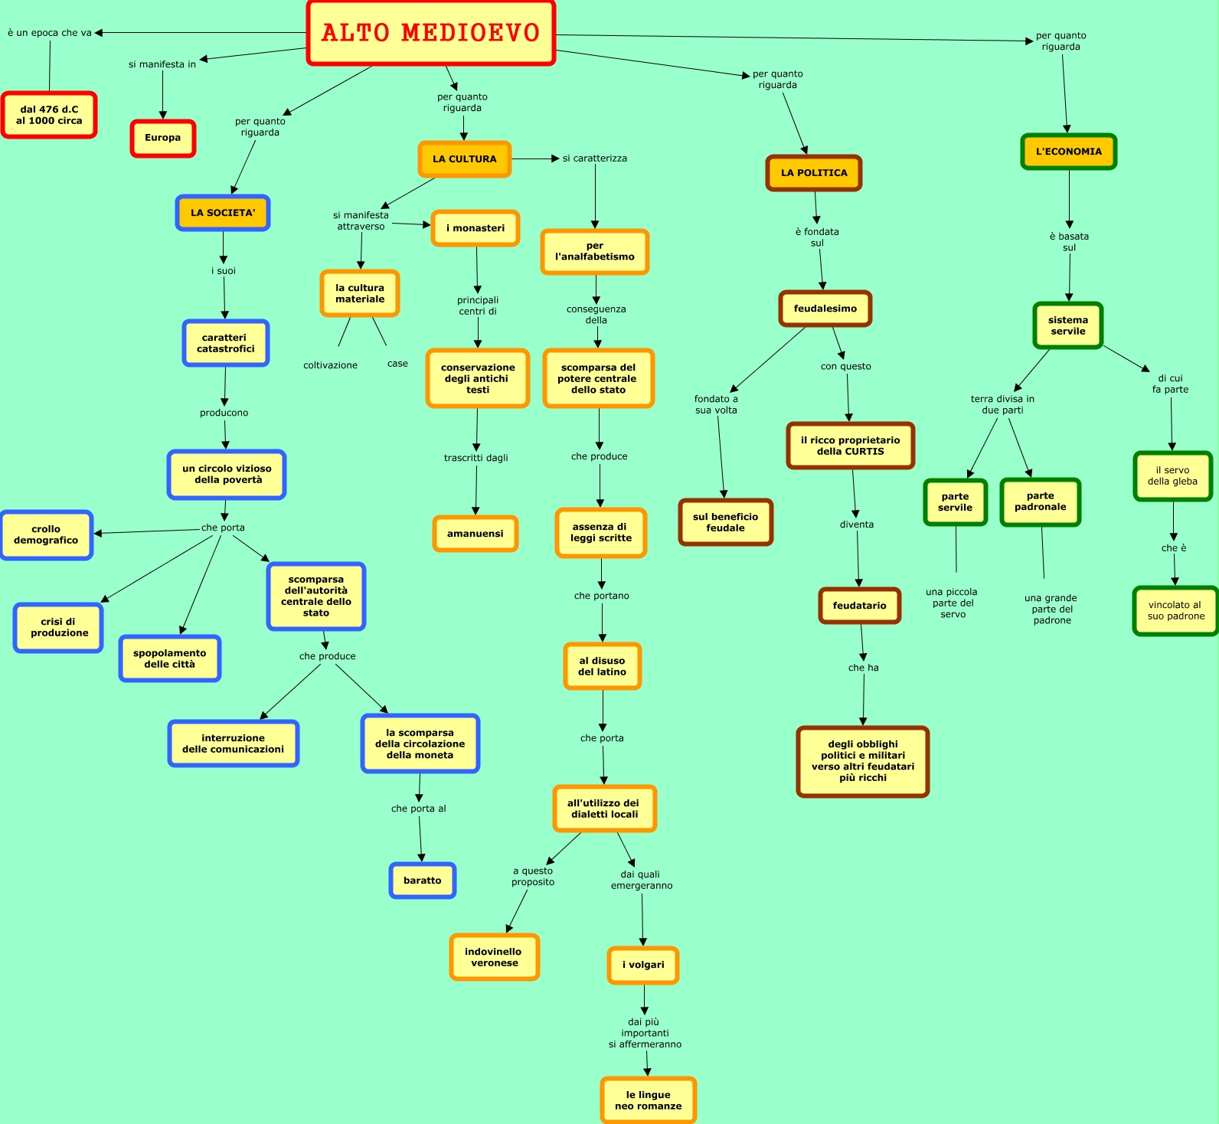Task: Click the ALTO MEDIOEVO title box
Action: click(x=430, y=33)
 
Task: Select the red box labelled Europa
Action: click(x=163, y=138)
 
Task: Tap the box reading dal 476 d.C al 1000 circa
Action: click(x=49, y=115)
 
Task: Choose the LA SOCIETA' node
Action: click(x=223, y=213)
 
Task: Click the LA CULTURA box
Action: click(x=464, y=159)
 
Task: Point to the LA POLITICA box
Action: click(x=814, y=173)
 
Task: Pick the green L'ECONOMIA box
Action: click(x=1068, y=152)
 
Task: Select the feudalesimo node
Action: click(x=825, y=309)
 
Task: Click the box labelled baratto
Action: click(x=423, y=881)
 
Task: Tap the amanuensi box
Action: click(x=476, y=534)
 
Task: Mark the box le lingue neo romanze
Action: click(x=648, y=1100)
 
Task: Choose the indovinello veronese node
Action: click(x=495, y=957)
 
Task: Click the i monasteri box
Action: click(x=476, y=228)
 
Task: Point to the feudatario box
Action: click(x=859, y=606)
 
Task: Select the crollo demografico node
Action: click(x=46, y=534)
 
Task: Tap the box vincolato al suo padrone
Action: click(x=1175, y=610)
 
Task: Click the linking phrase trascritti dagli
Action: click(x=476, y=458)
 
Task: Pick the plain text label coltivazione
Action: click(x=330, y=365)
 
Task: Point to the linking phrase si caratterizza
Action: click(x=594, y=158)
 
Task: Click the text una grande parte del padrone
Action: click(x=1051, y=609)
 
